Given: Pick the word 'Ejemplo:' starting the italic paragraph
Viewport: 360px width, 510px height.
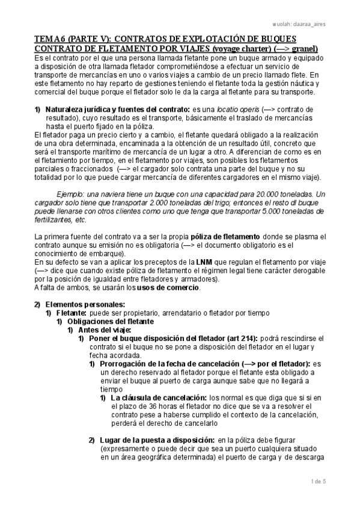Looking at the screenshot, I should [x=72, y=195].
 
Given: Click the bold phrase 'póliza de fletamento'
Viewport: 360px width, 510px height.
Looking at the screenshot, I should [x=212, y=237].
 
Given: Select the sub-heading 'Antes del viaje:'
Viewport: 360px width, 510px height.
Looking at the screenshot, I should [x=103, y=330].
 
